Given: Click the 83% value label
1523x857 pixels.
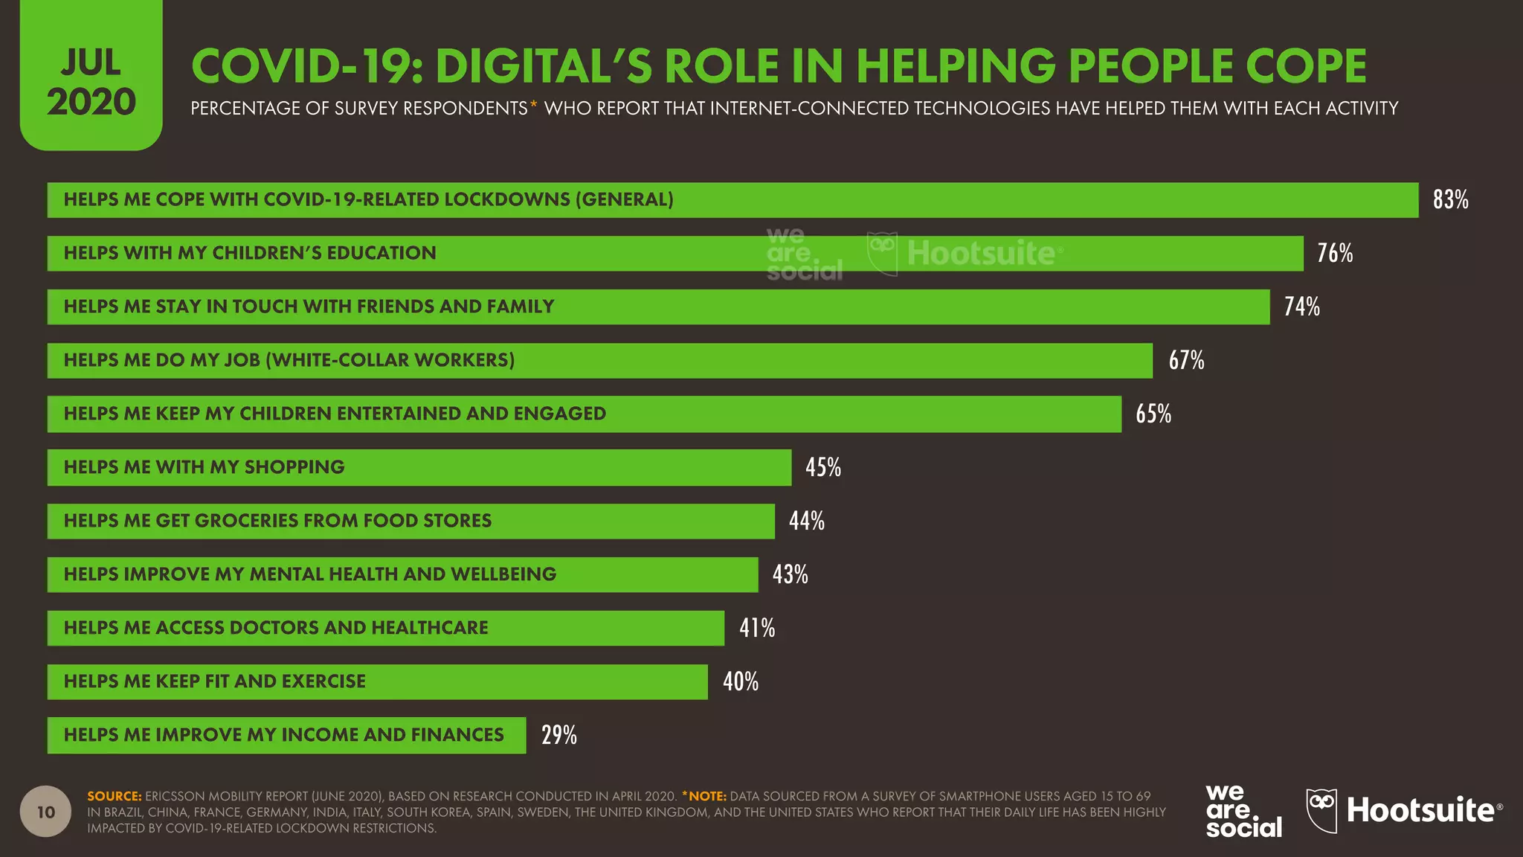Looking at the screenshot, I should coord(1450,199).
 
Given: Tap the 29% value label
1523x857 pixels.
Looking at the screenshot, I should coord(558,735).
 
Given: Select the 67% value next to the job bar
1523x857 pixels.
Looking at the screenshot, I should coord(1186,360).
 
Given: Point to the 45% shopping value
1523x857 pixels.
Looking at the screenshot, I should coord(823,467).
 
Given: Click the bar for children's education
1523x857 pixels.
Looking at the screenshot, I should coord(674,254).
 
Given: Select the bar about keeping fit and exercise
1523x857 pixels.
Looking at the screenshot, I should coord(377,681).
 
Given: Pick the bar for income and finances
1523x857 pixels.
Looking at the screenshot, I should coord(286,735).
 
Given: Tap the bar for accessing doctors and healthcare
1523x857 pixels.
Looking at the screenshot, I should coord(385,628).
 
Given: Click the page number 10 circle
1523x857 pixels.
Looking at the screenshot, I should coord(46,812).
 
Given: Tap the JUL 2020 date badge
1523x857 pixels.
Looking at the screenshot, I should coord(91,82).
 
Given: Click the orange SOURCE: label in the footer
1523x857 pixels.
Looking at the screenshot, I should coord(114,796).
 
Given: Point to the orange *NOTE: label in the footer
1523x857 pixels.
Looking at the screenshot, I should coord(703,796).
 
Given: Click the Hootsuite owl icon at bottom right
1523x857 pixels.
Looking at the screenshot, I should coord(1321,810).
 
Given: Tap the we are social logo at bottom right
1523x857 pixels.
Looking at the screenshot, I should coord(1243,812).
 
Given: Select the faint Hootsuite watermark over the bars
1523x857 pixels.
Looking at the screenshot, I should coord(965,254).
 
